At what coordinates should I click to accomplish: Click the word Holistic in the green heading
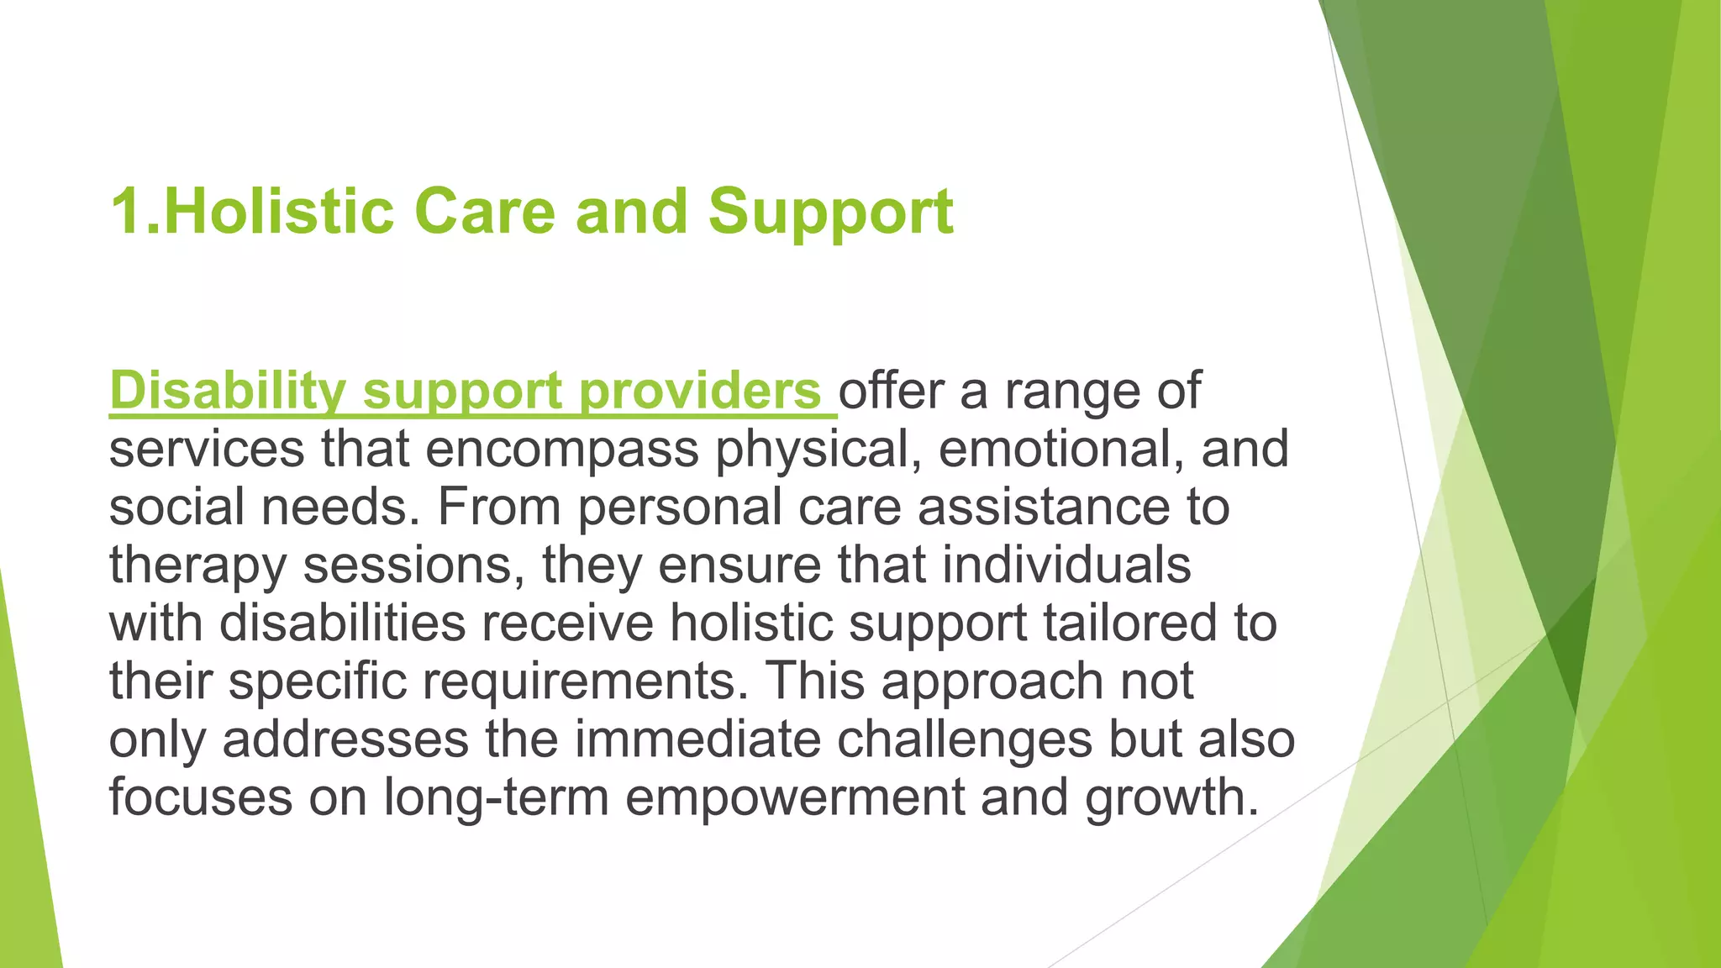(278, 211)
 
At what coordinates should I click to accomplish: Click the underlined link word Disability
(227, 392)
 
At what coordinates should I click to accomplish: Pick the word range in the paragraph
(1072, 392)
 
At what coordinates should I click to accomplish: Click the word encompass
(561, 450)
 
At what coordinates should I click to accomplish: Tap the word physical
(812, 450)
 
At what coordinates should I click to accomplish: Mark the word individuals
(1066, 565)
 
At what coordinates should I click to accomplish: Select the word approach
(992, 681)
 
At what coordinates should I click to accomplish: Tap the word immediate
(697, 739)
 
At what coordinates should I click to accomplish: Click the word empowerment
(795, 797)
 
